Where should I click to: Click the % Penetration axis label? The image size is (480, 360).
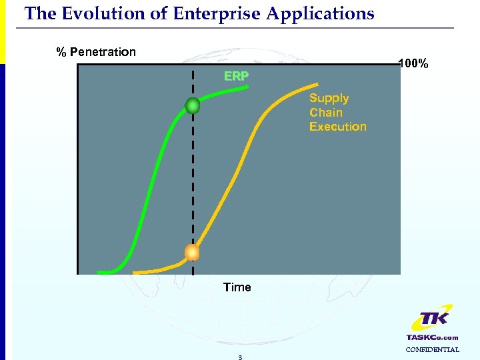96,52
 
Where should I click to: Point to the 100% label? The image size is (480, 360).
413,65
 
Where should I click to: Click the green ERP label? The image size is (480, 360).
237,77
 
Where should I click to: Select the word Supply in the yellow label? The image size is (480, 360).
329,98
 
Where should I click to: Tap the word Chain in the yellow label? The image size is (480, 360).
325,112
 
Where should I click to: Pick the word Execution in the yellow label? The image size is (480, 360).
337,126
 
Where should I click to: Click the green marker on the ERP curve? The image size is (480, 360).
193,105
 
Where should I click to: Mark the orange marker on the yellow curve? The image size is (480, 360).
192,252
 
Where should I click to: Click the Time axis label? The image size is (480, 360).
237,287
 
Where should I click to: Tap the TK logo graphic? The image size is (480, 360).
432,321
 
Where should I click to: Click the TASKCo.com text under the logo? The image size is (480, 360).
432,337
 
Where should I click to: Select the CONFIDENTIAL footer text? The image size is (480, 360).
432,349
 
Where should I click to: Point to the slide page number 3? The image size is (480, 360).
240,357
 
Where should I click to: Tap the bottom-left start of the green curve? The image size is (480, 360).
100,272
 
